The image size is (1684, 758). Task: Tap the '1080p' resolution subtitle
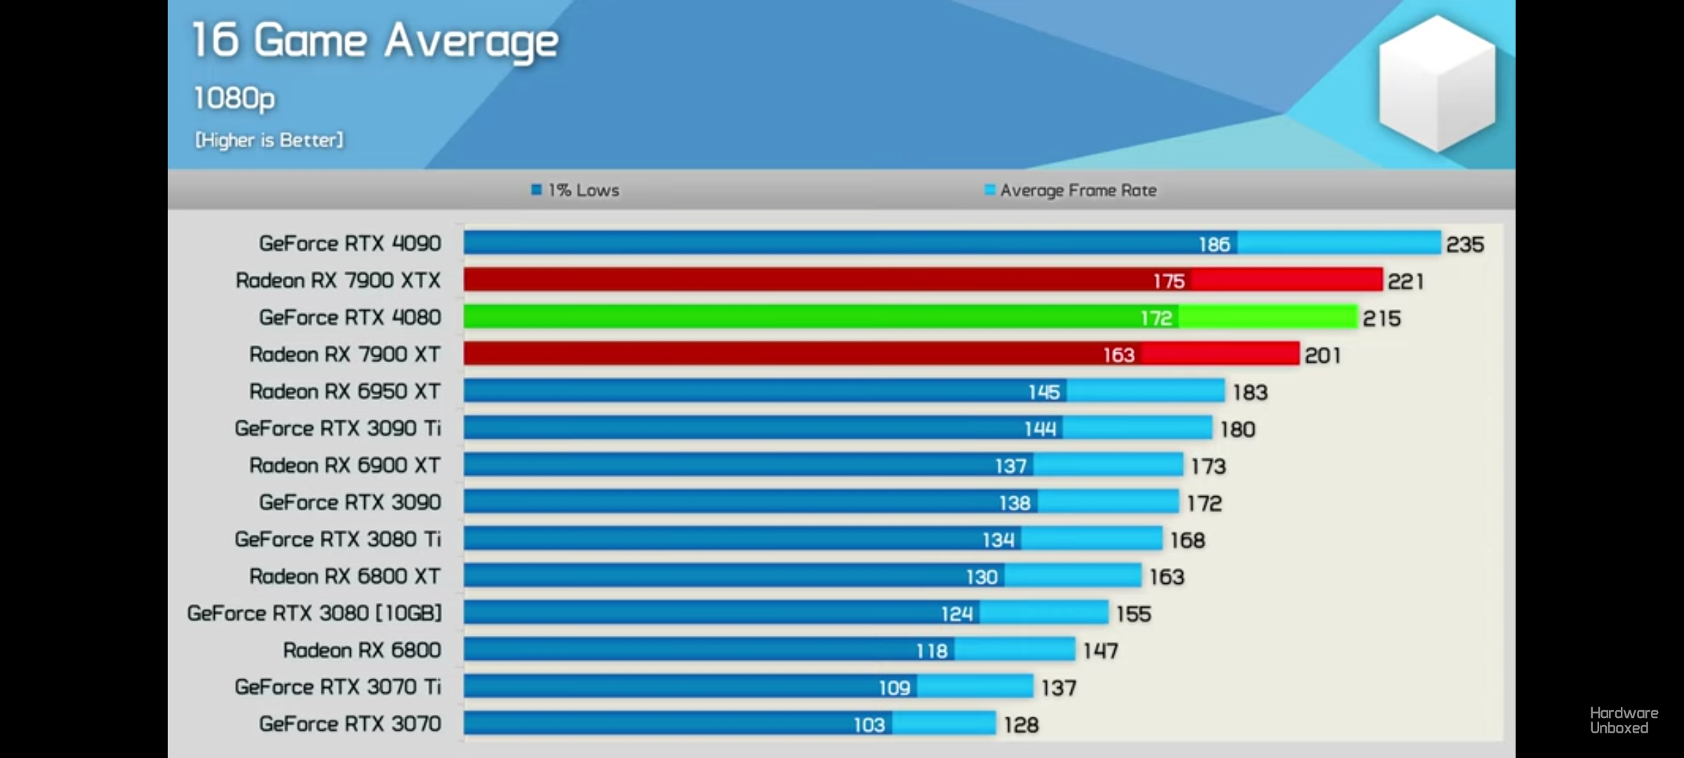(x=234, y=98)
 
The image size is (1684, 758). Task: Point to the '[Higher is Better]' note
(x=269, y=140)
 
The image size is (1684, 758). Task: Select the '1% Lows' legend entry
(x=575, y=190)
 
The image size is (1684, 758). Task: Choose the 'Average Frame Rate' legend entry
(x=1071, y=190)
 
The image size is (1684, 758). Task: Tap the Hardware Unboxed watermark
(x=1624, y=720)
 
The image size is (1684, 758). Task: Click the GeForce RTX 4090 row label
(x=350, y=244)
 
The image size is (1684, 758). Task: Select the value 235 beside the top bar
(x=1465, y=244)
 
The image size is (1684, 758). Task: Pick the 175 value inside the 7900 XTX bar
(x=1169, y=281)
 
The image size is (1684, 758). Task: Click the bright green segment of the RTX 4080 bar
(x=1267, y=317)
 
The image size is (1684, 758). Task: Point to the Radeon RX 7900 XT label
(x=345, y=354)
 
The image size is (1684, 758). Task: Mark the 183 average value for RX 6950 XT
(x=1250, y=392)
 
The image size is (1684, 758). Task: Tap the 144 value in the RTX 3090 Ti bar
(x=1040, y=429)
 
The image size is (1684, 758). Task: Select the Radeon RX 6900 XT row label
(x=345, y=465)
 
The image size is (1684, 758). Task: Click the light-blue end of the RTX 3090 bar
(x=1109, y=502)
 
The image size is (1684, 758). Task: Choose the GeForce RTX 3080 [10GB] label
(x=314, y=613)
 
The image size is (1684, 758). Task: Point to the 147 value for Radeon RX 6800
(x=1100, y=651)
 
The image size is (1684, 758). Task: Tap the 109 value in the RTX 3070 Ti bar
(x=895, y=688)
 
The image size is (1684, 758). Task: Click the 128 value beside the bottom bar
(x=1021, y=724)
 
